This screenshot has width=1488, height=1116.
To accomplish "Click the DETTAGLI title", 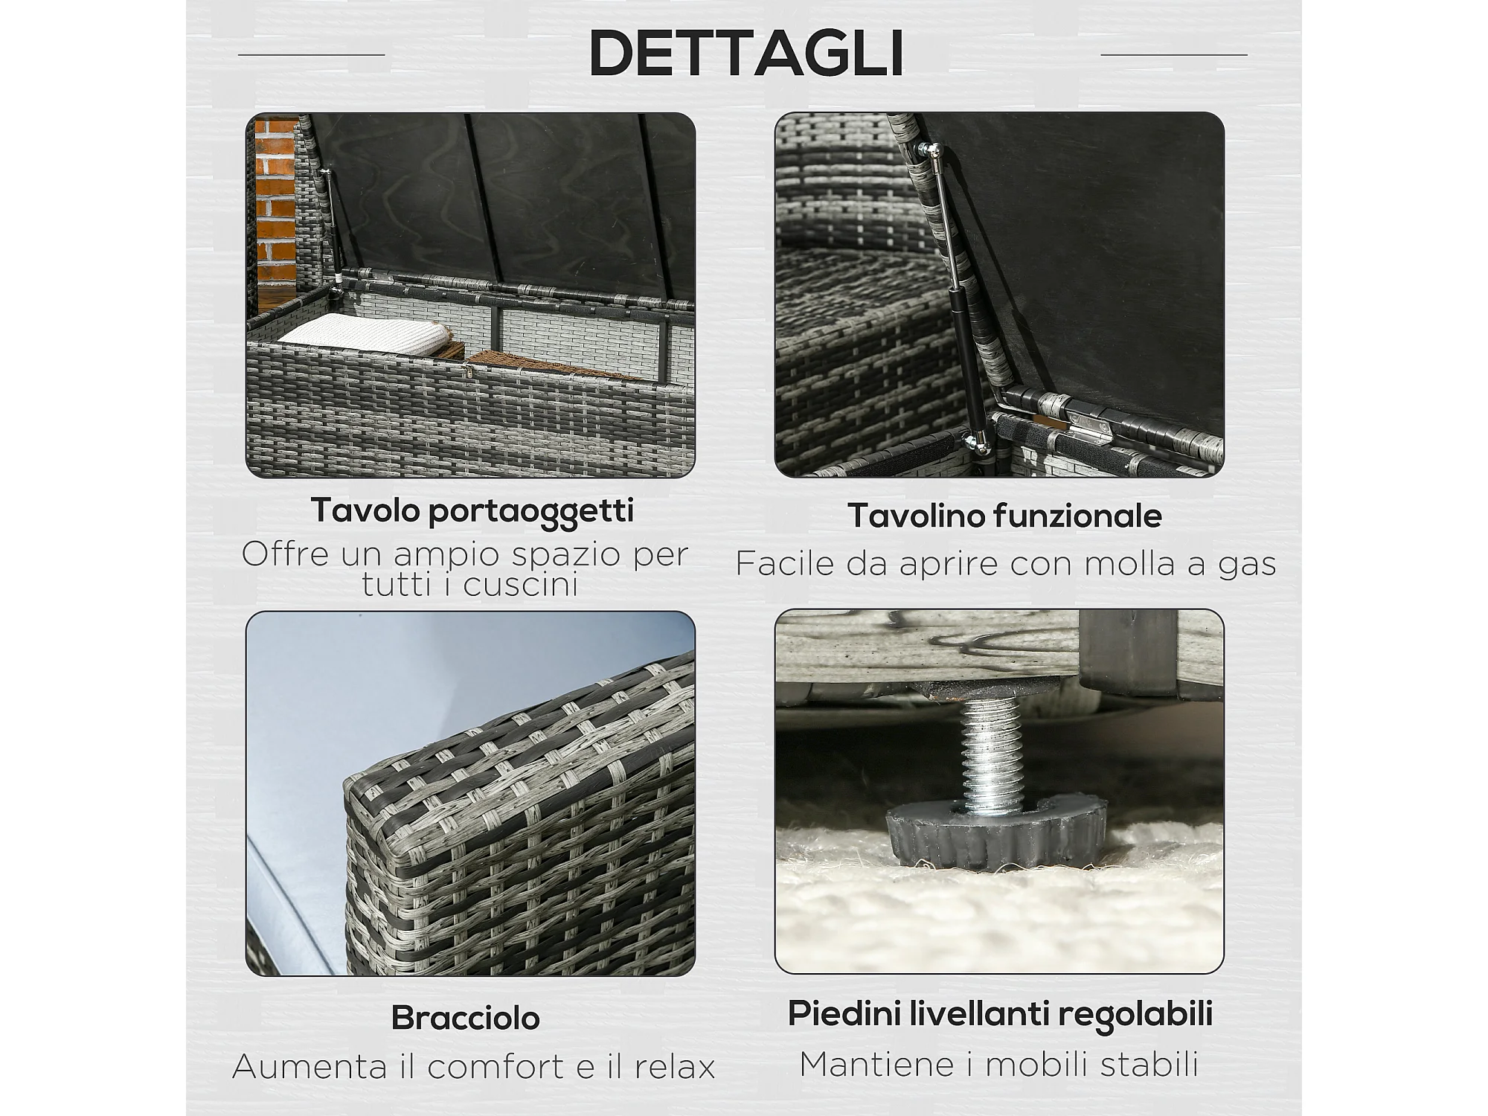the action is click(x=746, y=53).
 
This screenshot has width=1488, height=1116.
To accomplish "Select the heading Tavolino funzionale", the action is click(x=1004, y=516).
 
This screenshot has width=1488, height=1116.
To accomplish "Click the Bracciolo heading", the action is click(x=466, y=1018).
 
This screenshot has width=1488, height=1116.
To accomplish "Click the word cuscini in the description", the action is click(x=521, y=585).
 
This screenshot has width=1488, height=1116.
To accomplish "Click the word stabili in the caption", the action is click(x=1149, y=1065).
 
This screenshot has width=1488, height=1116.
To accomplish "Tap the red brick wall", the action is click(x=275, y=205).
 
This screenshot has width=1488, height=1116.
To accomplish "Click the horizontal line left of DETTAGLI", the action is click(x=312, y=54).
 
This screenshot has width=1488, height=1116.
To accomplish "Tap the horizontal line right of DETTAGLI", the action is click(x=1174, y=54).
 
